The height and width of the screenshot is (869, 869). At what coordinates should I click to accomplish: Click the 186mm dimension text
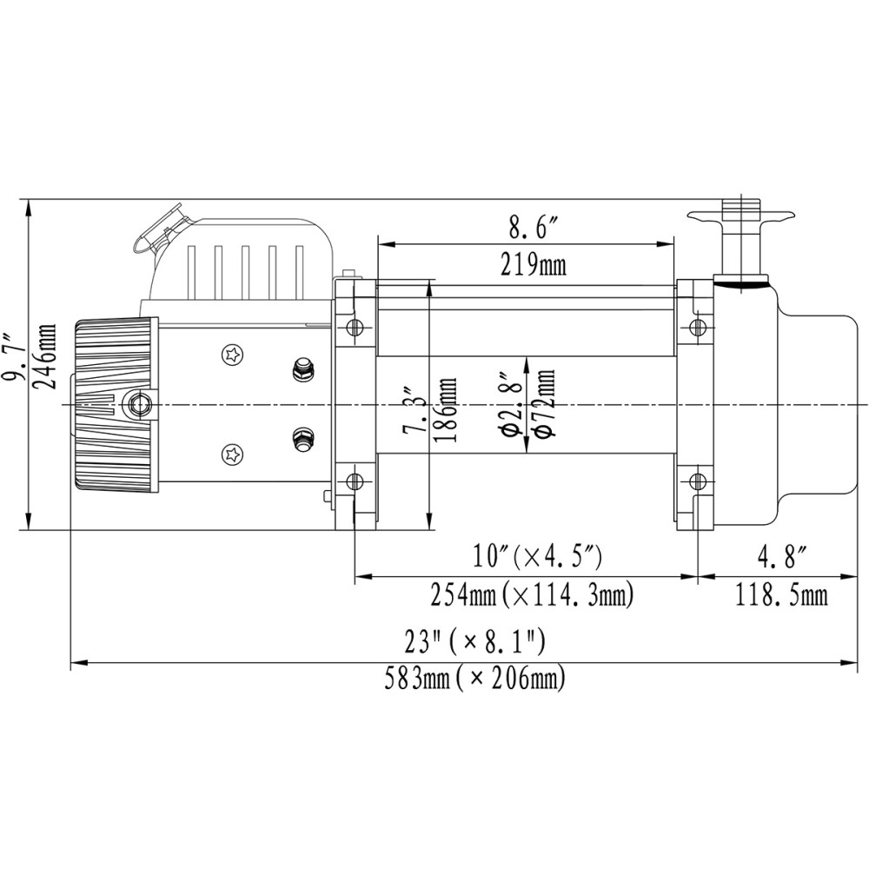click(448, 408)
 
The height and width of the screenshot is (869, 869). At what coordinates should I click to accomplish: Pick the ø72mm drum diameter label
click(546, 404)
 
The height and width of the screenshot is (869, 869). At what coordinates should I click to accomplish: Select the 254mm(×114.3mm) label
click(532, 595)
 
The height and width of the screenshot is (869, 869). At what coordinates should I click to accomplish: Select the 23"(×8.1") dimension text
click(474, 642)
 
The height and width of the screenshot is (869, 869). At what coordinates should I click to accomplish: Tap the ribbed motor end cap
click(116, 404)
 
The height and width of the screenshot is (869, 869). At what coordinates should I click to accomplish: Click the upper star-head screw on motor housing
click(232, 355)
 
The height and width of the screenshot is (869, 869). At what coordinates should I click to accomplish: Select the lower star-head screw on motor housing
click(232, 454)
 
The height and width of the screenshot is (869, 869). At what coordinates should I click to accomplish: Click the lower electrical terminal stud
click(302, 439)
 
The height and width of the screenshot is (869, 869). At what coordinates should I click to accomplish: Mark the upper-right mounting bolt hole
click(696, 328)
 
